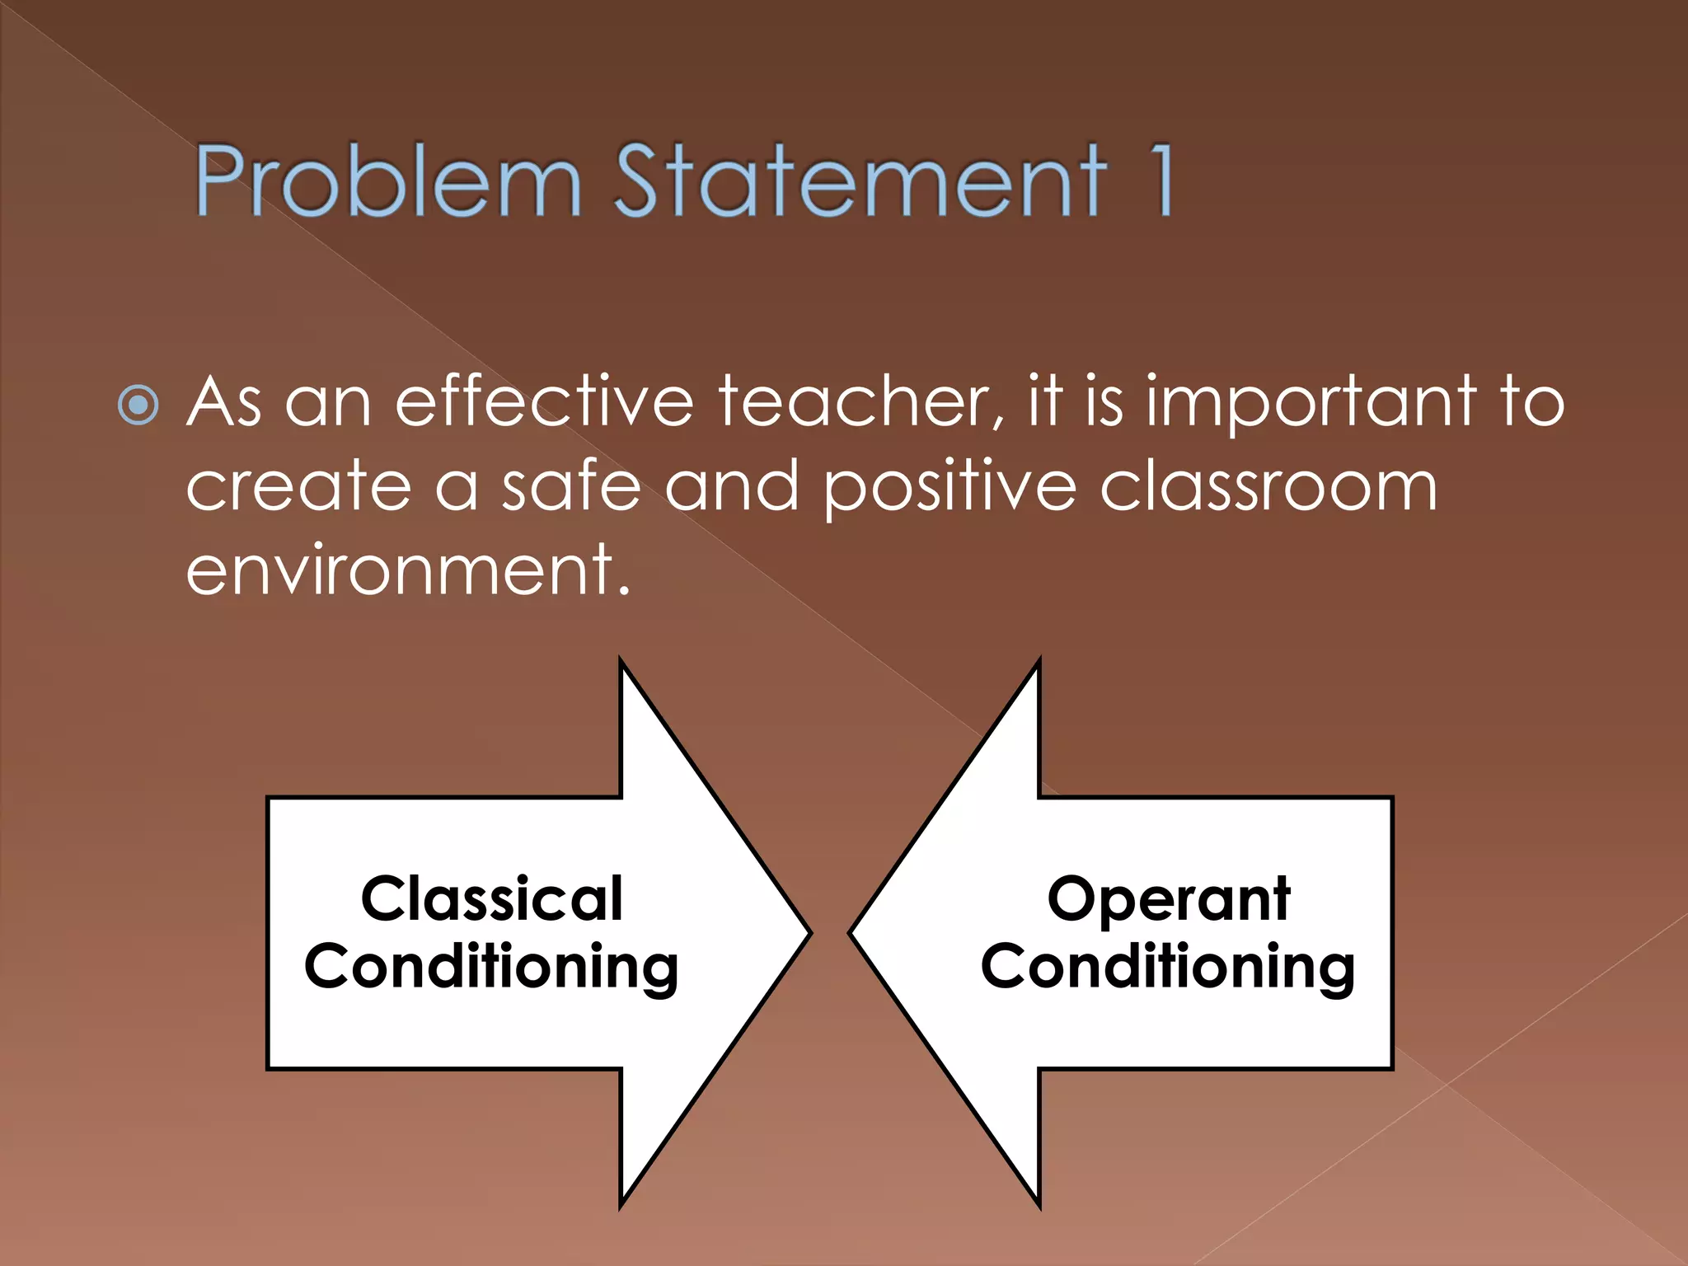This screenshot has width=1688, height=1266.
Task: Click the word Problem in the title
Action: [x=387, y=181]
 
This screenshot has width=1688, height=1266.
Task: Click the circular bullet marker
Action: [x=138, y=405]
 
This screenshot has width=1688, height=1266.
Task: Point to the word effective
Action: [x=545, y=402]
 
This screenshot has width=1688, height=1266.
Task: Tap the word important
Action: [x=1311, y=402]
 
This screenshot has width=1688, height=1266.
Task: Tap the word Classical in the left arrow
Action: [x=492, y=898]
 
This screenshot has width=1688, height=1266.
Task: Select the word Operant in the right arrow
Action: [x=1168, y=898]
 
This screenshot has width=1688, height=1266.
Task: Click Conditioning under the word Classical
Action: [x=492, y=967]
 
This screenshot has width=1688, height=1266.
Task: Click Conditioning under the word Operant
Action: [x=1168, y=967]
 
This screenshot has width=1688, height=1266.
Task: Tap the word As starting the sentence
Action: [x=224, y=402]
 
